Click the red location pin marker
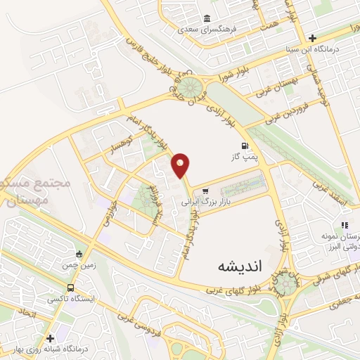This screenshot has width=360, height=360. click(181, 165)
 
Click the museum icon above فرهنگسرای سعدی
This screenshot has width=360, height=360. click(207, 19)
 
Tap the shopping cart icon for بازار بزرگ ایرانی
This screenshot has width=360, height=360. click(205, 191)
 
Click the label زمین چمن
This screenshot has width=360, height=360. click(79, 265)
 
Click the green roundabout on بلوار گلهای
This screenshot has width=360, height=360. click(285, 283)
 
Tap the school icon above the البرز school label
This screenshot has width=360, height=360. click(345, 224)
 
